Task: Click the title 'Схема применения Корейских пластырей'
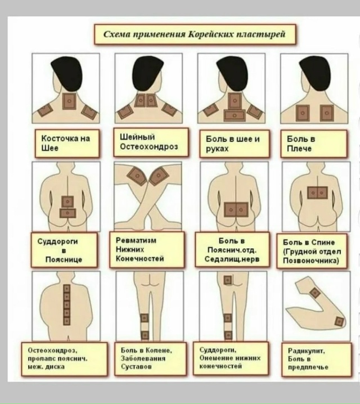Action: (195, 34)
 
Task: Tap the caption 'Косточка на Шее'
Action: (66, 143)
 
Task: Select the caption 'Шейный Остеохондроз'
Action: (149, 142)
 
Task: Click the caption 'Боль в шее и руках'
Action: (233, 144)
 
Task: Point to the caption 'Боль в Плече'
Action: (301, 144)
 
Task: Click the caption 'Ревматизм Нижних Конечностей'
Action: (140, 249)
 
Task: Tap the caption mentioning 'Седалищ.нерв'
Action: (232, 250)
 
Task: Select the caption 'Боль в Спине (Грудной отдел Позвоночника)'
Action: (312, 252)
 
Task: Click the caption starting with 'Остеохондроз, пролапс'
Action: (58, 358)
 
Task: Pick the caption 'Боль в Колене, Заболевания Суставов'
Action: (146, 358)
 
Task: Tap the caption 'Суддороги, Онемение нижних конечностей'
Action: (230, 358)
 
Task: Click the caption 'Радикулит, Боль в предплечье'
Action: (308, 359)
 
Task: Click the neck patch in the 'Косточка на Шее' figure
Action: (69, 101)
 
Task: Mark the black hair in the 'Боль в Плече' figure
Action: (314, 73)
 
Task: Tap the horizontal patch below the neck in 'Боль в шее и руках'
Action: (235, 115)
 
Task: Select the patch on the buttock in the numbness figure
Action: (228, 280)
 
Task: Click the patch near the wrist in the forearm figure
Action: (339, 321)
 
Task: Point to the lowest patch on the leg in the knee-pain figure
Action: (145, 335)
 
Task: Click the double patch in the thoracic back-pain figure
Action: (317, 193)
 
